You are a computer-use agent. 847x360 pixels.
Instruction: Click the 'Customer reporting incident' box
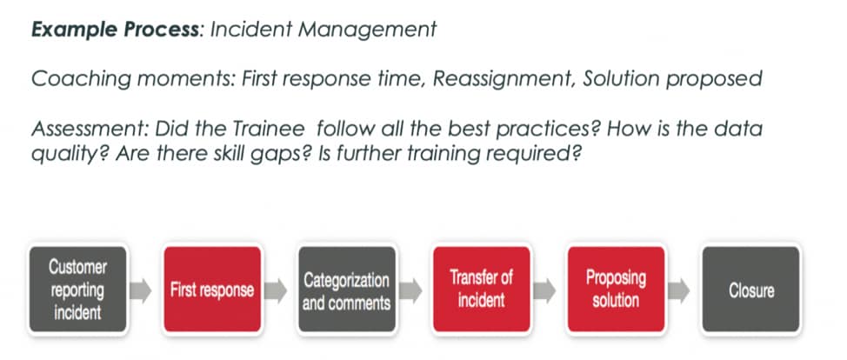(78, 289)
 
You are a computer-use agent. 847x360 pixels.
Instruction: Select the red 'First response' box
(212, 290)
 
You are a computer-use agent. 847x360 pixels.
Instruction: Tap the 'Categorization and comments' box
(346, 290)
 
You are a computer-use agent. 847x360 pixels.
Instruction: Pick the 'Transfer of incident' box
(481, 290)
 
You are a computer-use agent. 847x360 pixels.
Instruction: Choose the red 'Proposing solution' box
(616, 290)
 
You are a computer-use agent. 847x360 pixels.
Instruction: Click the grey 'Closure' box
(750, 290)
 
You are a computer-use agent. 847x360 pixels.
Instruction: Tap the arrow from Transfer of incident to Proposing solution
(548, 290)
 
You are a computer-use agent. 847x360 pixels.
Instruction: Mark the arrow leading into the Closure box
(683, 290)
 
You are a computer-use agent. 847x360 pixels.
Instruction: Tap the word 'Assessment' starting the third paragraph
(81, 130)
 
